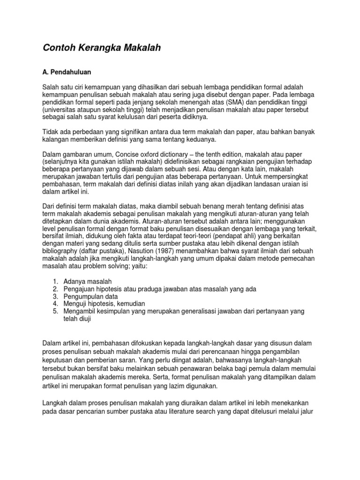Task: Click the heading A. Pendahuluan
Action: click(67, 73)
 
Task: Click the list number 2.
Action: click(55, 289)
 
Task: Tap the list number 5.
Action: click(55, 311)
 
